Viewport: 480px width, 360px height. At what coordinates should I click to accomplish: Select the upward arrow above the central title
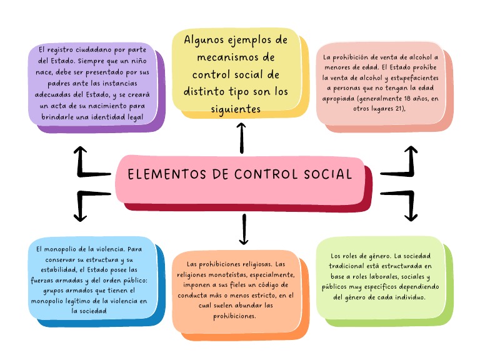[x=242, y=137]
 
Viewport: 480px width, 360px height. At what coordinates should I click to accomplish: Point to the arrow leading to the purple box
[x=87, y=163]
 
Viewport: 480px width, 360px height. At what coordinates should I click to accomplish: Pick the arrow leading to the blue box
[x=87, y=204]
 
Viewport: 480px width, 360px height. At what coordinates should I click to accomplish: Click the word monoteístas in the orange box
[x=202, y=275]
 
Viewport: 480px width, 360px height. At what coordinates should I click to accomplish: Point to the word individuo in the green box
[x=409, y=297]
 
